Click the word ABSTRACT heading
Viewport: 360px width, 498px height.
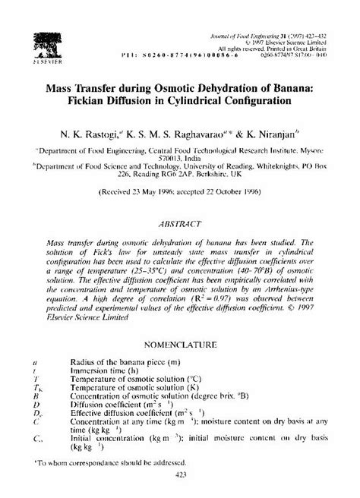pos(179,225)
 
